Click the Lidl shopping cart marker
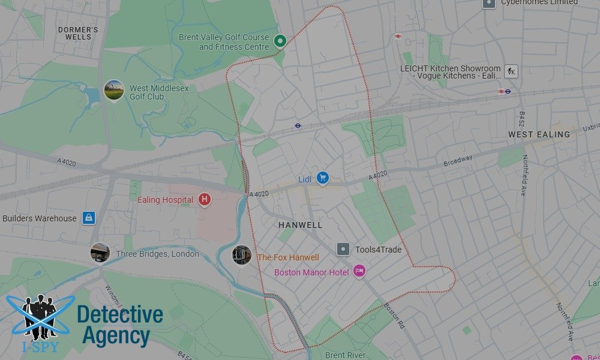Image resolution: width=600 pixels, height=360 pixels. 323,178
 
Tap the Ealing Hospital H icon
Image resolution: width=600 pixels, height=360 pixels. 205,199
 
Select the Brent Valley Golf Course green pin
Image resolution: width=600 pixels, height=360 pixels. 280,41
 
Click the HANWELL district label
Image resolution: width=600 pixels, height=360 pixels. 300,225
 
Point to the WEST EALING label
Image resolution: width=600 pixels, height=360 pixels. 539,134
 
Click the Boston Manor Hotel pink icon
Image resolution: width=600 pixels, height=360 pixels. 359,272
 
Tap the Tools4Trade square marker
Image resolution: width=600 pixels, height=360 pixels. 343,249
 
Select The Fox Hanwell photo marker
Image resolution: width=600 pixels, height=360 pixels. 242,255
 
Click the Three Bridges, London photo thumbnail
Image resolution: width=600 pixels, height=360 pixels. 100,253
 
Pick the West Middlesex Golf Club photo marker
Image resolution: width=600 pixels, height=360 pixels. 113,91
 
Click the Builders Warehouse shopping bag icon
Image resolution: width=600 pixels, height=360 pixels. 89,217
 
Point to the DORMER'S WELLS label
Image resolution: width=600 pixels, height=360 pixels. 78,33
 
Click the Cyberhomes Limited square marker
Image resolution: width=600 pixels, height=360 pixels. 490,3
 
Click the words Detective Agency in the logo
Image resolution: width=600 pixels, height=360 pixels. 120,325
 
